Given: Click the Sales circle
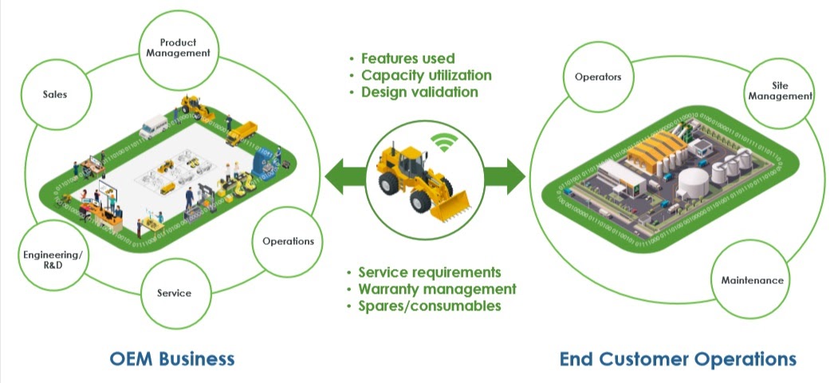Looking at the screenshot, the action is pos(56,94).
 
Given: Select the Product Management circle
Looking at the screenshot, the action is pos(179,49).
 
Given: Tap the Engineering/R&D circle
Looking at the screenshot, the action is pos(53,259).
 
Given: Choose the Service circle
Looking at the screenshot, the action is pos(175,293).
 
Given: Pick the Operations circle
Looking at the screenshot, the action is pos(288,241).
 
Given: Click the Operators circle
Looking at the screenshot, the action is pos(598,77).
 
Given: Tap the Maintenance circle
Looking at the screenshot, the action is pos(752,280).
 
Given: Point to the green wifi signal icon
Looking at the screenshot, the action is pos(444,143).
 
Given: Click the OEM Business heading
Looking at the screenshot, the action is pos(172,358).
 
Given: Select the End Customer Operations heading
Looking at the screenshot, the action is pos(678,358).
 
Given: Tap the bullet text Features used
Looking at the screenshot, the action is pos(407,58).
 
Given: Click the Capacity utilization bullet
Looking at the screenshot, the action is pos(426,75).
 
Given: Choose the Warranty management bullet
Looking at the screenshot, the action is pos(437,290).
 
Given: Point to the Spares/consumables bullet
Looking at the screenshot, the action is pos(430,306).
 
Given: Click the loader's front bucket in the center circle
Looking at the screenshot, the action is pos(450,207).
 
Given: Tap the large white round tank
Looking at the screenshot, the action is pos(694,182).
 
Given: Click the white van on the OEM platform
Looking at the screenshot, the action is pos(153,126).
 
